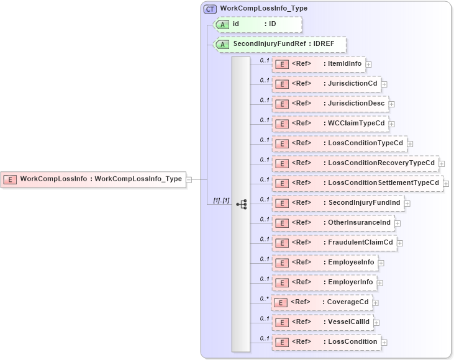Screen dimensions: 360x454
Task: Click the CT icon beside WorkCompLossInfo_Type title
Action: pos(210,9)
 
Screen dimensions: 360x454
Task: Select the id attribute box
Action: pos(257,24)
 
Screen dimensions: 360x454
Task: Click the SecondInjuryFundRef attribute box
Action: pos(279,45)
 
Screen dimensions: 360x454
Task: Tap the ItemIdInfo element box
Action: pos(318,64)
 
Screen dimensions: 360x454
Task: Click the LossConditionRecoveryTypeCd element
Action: pos(355,163)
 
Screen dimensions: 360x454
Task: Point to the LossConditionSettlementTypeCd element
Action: pos(356,183)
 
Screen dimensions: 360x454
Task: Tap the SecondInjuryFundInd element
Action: pos(336,203)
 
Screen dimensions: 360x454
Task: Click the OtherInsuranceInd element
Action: pos(332,223)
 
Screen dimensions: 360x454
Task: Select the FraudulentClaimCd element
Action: pos(334,243)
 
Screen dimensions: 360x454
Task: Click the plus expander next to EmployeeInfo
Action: pos(381,263)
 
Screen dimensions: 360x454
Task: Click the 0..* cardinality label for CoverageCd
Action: pos(265,299)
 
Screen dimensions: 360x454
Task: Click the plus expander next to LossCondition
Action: pos(384,343)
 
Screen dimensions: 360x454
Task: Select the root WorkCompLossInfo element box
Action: pos(93,179)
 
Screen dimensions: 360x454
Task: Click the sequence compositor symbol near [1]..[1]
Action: pos(242,204)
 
